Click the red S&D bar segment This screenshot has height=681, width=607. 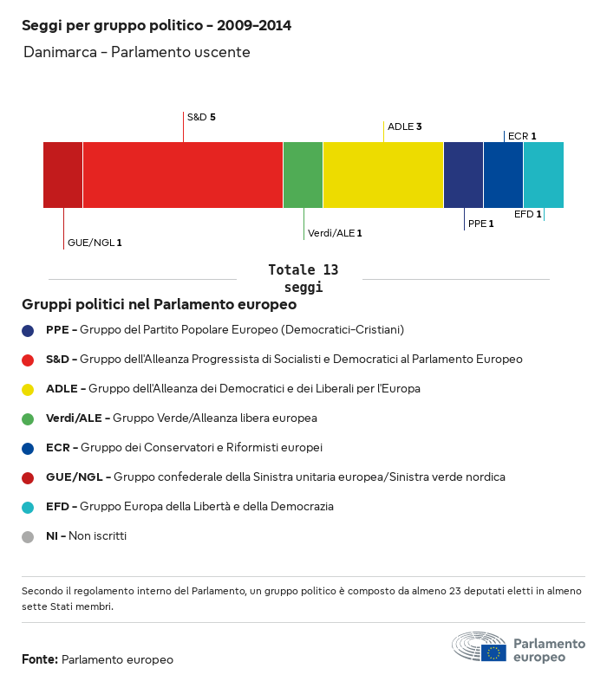click(183, 175)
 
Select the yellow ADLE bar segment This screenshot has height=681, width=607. click(383, 175)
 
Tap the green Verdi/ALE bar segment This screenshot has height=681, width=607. click(303, 175)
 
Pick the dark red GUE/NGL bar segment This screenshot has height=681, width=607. click(63, 175)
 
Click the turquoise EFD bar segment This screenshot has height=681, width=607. click(544, 175)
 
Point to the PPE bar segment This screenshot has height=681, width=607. click(463, 175)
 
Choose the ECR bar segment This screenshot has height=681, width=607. click(503, 175)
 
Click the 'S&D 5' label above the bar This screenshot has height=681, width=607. click(201, 116)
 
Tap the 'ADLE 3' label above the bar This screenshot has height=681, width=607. click(404, 126)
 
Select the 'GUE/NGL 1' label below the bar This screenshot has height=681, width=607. click(95, 243)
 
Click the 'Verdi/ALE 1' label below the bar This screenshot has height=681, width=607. click(335, 233)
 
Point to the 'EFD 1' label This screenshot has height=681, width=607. click(527, 214)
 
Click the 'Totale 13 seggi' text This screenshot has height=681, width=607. click(303, 278)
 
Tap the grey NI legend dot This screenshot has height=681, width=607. click(28, 536)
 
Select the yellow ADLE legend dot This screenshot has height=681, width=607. click(28, 389)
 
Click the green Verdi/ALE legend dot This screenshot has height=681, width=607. click(28, 418)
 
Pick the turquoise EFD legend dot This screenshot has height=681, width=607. click(28, 507)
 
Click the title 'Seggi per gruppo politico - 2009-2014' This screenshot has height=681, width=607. click(156, 25)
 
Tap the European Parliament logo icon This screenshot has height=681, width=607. click(479, 647)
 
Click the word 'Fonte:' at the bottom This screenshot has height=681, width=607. click(40, 659)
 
